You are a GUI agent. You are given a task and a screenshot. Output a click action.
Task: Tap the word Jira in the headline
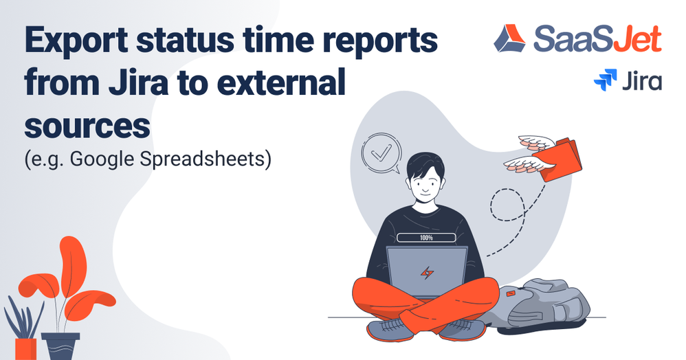click(138, 82)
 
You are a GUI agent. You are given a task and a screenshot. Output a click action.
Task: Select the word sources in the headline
click(87, 126)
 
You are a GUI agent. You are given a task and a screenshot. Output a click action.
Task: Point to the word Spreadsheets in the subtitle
click(202, 159)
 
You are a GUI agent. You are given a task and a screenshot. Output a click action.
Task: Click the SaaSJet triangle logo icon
click(509, 38)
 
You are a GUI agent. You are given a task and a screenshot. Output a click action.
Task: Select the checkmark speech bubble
click(381, 153)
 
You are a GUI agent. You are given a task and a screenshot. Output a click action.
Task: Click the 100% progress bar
click(426, 238)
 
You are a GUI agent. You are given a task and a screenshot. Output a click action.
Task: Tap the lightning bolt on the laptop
click(427, 273)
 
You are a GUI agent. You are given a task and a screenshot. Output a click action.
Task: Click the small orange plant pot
click(26, 348)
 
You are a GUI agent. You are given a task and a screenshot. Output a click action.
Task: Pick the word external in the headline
click(281, 82)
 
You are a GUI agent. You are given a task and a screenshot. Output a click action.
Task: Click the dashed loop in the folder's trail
click(507, 205)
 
